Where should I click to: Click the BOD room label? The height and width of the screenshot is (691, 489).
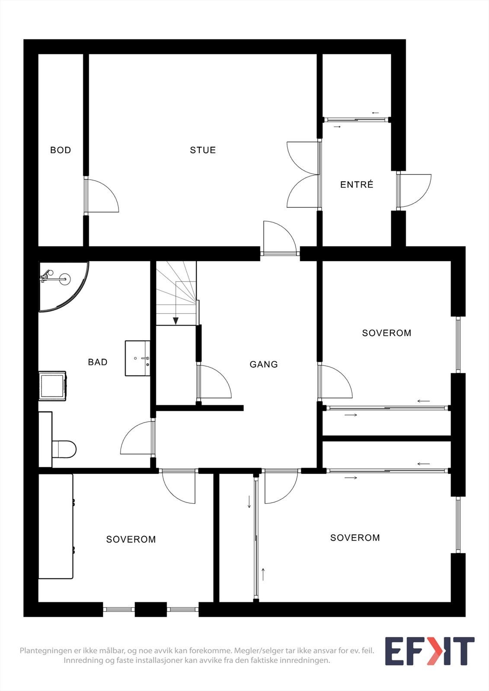click(x=61, y=150)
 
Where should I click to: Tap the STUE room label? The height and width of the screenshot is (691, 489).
click(x=203, y=150)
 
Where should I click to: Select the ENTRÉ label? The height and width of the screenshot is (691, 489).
click(x=357, y=184)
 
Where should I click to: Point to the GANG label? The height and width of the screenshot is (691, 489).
click(x=263, y=365)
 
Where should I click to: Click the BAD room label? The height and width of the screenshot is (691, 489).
click(x=98, y=362)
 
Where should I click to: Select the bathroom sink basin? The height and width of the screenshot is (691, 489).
click(x=137, y=358)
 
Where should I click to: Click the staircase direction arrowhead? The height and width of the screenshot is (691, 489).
click(x=176, y=321)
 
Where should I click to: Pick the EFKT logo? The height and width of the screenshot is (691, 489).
click(x=430, y=651)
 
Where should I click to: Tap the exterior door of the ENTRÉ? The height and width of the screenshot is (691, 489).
click(x=414, y=190)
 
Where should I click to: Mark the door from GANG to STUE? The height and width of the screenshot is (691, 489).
click(x=280, y=238)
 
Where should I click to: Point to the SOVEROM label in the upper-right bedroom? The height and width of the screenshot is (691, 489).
click(x=387, y=333)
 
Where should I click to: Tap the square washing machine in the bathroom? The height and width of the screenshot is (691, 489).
click(x=52, y=386)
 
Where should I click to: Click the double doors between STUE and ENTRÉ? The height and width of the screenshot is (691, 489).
click(x=304, y=174)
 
